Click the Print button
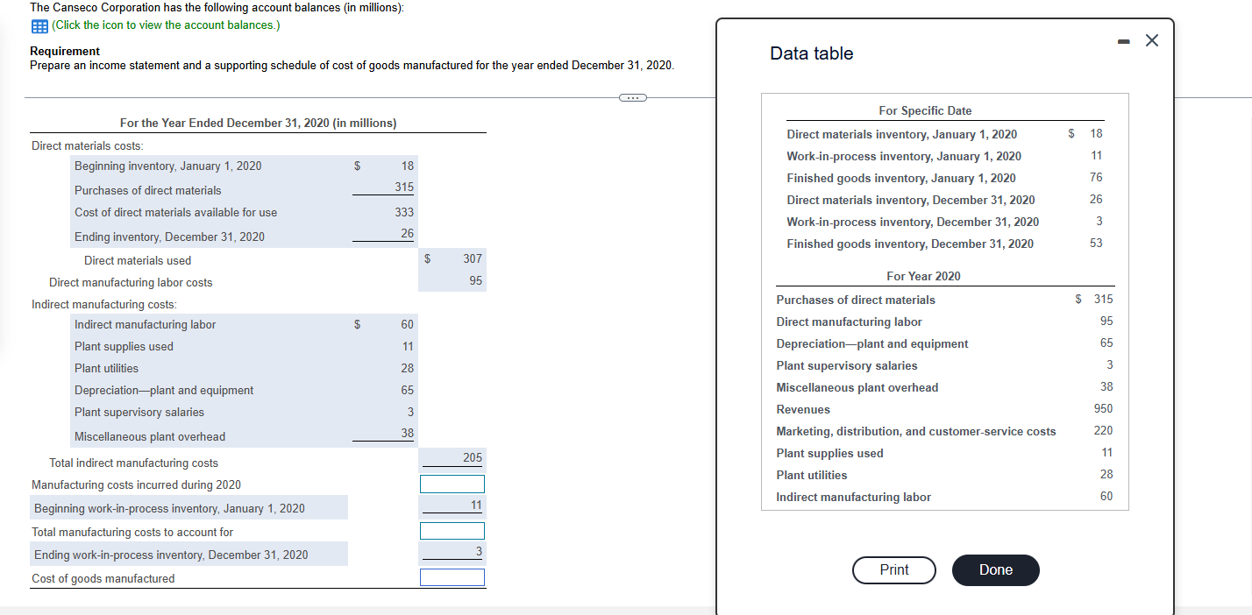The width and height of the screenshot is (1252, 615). tap(893, 569)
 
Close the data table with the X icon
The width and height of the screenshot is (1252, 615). tap(1152, 40)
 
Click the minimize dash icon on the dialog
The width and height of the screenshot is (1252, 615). tap(1123, 41)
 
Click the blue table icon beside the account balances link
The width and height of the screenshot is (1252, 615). tap(39, 25)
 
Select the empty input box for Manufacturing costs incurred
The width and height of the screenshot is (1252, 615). tap(452, 484)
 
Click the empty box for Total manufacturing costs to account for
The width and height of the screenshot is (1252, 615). tap(452, 531)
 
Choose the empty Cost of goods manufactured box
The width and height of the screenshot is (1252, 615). tap(452, 577)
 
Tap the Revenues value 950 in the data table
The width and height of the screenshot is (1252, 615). tap(1103, 409)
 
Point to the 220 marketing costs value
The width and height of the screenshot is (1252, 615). tap(1103, 431)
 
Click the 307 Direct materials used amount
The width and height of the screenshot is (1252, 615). tap(473, 258)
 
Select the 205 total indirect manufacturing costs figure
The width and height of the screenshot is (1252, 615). tap(473, 457)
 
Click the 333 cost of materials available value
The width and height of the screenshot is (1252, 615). tap(404, 212)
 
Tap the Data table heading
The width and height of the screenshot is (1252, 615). tap(812, 53)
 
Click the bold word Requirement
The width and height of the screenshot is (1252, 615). tap(65, 51)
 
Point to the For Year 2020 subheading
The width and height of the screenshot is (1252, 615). tap(923, 276)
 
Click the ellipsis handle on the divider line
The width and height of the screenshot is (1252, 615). tap(633, 98)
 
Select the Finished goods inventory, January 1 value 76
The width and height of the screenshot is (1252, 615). tap(1096, 178)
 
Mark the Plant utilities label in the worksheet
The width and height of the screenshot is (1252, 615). tap(106, 368)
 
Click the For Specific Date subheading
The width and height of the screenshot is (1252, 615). tap(925, 110)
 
